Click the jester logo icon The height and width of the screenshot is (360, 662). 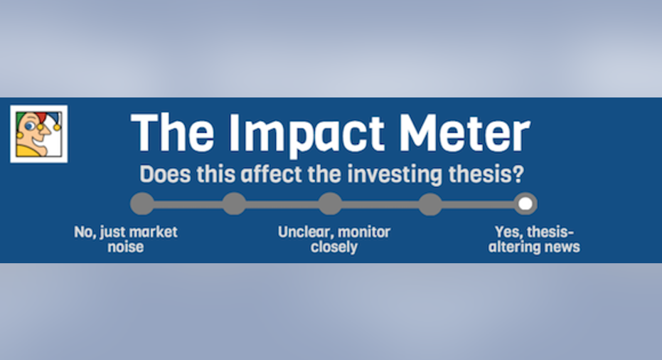[x=39, y=134]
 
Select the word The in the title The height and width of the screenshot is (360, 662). [x=173, y=132]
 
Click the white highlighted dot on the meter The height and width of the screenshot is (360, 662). [x=525, y=204]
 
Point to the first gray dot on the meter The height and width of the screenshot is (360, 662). [x=142, y=204]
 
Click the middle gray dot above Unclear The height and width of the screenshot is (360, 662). [x=330, y=204]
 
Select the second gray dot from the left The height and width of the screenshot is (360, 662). [x=235, y=204]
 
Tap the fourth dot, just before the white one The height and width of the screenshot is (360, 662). [x=430, y=204]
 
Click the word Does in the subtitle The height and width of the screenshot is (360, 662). [x=165, y=174]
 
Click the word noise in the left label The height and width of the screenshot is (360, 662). [x=125, y=247]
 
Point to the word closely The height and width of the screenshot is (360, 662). [x=334, y=247]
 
